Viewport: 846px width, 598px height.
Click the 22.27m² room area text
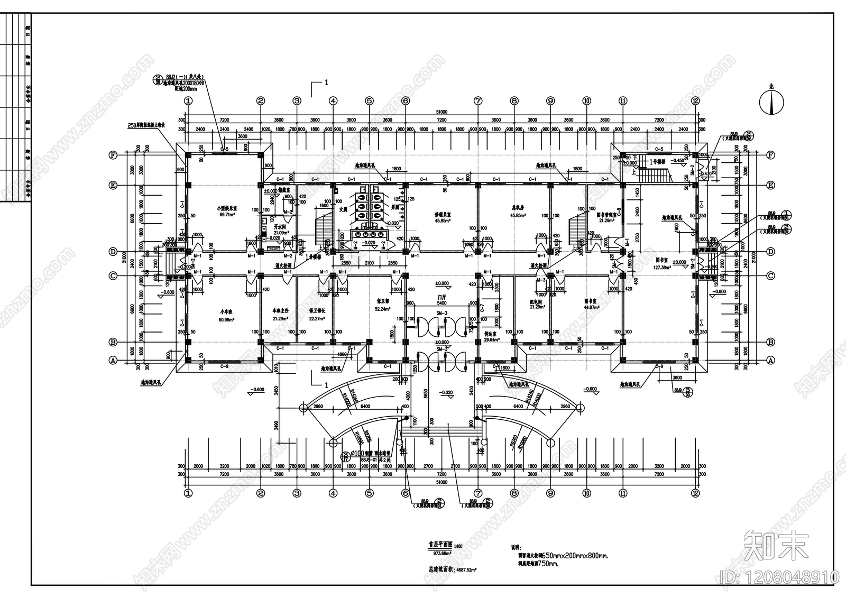pyautogui.click(x=316, y=318)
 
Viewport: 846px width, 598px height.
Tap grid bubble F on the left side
pyautogui.click(x=112, y=155)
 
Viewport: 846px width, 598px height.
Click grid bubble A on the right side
pyautogui.click(x=770, y=360)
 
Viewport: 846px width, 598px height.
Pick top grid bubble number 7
pyautogui.click(x=478, y=100)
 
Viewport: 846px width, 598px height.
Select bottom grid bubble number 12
pyautogui.click(x=695, y=493)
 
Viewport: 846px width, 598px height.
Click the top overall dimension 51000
pyautogui.click(x=442, y=112)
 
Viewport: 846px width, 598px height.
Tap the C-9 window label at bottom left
pyautogui.click(x=224, y=366)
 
